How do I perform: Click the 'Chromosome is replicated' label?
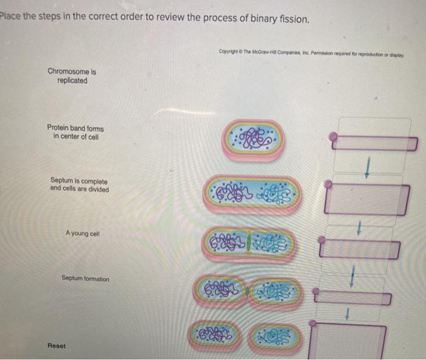point(72,76)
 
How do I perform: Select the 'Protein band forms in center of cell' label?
point(75,132)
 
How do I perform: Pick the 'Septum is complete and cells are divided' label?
point(79,185)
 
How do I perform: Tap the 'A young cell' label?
point(83,234)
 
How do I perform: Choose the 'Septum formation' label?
point(85,279)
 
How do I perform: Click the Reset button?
point(57,345)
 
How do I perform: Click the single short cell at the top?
point(253,140)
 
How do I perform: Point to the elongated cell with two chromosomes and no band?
point(253,194)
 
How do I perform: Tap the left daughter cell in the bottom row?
point(214,335)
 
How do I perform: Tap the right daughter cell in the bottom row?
point(274,337)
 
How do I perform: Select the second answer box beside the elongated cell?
point(367,199)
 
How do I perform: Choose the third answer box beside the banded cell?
point(360,249)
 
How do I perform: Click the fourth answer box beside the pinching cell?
point(352,297)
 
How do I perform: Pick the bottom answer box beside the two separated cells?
point(347,341)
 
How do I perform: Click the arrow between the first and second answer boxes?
point(367,168)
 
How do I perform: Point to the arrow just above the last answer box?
point(347,314)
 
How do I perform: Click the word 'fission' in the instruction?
point(294,19)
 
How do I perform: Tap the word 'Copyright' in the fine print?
point(229,51)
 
